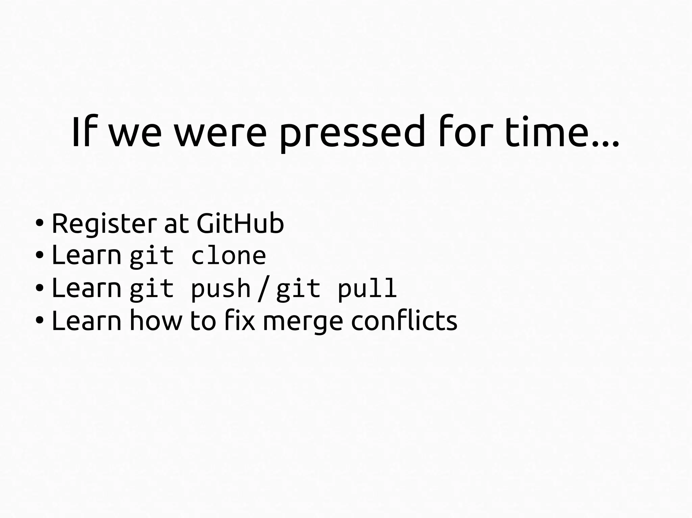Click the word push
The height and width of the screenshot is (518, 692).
(x=221, y=289)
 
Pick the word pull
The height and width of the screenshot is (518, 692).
(x=367, y=289)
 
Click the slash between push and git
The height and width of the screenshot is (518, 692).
(x=263, y=289)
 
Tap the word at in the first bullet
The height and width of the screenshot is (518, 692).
(x=176, y=224)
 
